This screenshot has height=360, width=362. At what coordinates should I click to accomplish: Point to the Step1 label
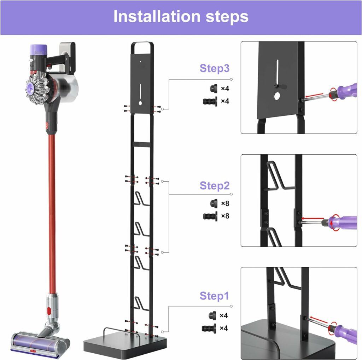pyautogui.click(x=214, y=296)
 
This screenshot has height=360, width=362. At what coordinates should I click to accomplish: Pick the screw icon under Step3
pyautogui.click(x=210, y=101)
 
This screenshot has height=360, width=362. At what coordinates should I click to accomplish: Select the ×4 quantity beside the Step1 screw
pyautogui.click(x=223, y=328)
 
